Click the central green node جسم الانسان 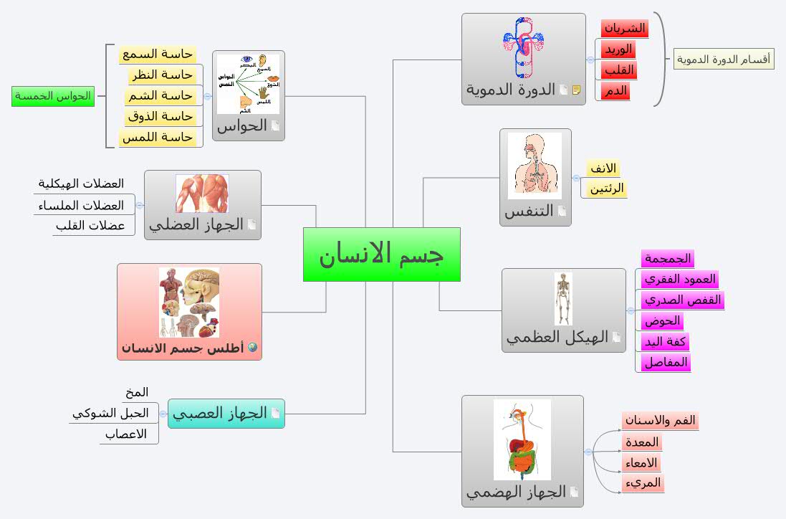coord(381,254)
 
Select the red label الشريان coord(624,29)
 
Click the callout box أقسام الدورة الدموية coord(724,59)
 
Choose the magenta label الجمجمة coord(667,259)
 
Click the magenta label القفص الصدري coord(681,300)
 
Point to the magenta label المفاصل coord(666,363)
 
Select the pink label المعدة coord(642,442)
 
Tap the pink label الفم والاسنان coord(660,421)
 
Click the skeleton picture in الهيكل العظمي coord(563,299)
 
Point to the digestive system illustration coord(522,439)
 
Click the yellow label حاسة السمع coord(158,54)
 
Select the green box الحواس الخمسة coord(53,96)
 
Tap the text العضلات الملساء coord(79,206)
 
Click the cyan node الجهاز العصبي coord(226,414)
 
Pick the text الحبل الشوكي coord(110,413)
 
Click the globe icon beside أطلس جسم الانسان coord(251,348)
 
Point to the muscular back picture coord(202,194)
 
